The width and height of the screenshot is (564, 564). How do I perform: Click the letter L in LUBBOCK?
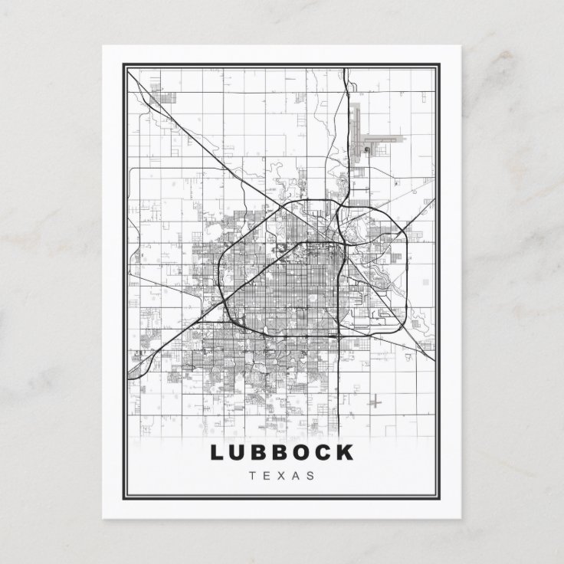pyautogui.click(x=215, y=452)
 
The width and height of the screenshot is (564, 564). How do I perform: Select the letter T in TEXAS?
pyautogui.click(x=254, y=475)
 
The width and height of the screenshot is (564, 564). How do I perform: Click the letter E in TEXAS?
pyautogui.click(x=267, y=475)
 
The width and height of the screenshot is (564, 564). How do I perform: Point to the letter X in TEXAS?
pyautogui.click(x=281, y=475)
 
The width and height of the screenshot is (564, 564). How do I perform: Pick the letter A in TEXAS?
pyautogui.click(x=296, y=475)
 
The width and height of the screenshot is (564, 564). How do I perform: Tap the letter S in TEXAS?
pyautogui.click(x=310, y=475)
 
